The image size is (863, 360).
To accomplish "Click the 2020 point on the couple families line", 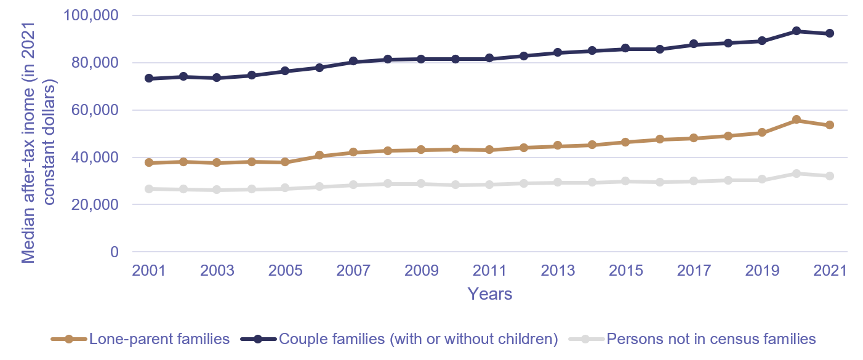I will [796, 31].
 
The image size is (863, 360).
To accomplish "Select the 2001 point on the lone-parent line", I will [150, 162].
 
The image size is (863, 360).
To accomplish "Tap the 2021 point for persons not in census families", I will [830, 176].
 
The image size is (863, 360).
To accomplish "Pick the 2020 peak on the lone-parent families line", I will [796, 120].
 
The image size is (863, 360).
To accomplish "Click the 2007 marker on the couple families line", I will [353, 62].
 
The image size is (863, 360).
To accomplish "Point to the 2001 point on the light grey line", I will [150, 189].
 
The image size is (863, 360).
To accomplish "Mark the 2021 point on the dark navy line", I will [830, 33].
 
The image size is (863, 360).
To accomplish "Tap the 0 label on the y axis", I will [113, 252].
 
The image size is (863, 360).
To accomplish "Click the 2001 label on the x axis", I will [150, 271].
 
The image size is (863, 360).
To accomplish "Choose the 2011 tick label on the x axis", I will [489, 271].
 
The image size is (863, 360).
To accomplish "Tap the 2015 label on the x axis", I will [625, 271].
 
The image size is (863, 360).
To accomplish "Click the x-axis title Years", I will [489, 294].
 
